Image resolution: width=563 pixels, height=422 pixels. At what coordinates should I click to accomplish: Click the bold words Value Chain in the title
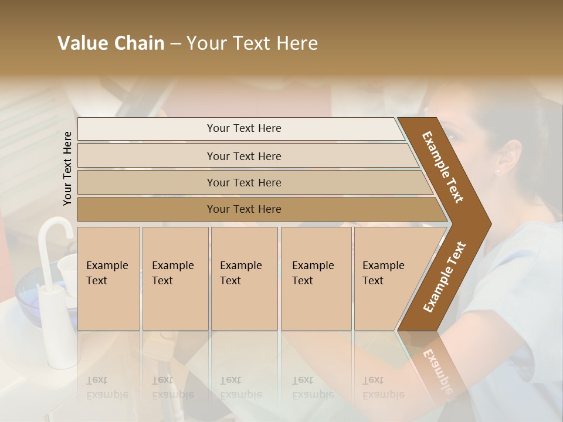(111, 44)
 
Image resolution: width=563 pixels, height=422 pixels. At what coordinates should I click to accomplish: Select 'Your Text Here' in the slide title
(252, 44)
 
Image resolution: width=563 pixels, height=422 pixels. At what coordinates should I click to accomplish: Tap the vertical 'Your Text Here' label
(67, 168)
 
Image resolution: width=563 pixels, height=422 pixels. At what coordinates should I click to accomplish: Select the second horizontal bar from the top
(244, 156)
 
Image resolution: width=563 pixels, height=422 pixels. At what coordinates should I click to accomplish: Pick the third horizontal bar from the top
(244, 182)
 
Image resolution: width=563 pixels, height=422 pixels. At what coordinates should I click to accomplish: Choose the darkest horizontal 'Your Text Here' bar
(244, 209)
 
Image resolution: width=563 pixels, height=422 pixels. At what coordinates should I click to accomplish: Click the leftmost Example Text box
(108, 278)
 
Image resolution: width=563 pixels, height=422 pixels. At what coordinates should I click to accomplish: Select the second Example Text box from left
(175, 278)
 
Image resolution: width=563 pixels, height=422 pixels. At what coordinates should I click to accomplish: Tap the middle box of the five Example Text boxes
(244, 278)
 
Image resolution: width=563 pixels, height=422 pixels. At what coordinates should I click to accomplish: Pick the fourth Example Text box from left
(316, 278)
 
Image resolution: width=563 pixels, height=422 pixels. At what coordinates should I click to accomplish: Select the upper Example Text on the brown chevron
(443, 167)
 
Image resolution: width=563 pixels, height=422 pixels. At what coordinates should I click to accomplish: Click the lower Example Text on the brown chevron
(445, 277)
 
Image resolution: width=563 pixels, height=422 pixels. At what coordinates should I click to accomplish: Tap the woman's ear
(509, 157)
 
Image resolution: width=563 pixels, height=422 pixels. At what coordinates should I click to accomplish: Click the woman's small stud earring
(498, 172)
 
